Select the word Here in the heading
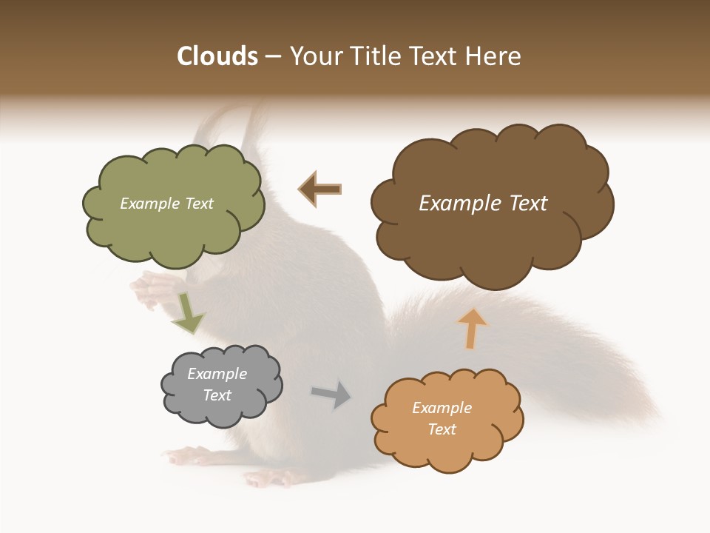(493, 56)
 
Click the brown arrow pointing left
(320, 190)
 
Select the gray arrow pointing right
(332, 395)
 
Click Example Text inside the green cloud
(166, 204)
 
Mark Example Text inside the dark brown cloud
(483, 204)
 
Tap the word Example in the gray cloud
(217, 374)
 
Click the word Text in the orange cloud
(442, 429)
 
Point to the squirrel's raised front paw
(148, 289)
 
